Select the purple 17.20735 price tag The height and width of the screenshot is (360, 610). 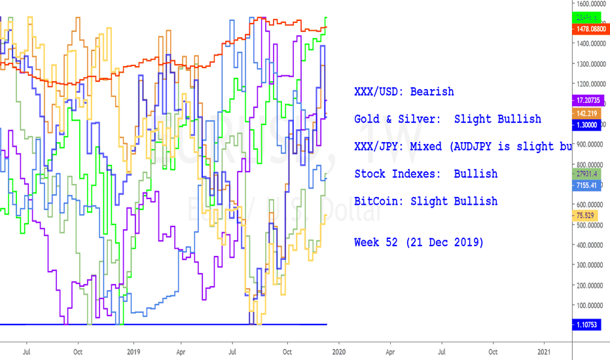click(590, 101)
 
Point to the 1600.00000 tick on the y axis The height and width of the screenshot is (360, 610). click(590, 4)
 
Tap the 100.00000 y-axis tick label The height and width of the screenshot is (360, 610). click(590, 305)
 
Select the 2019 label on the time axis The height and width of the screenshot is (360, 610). click(133, 351)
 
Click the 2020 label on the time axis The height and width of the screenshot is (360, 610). click(338, 351)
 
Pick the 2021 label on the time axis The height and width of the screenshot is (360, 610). click(544, 351)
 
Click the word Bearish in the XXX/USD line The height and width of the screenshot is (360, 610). click(432, 92)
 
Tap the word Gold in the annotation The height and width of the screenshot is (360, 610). click(367, 119)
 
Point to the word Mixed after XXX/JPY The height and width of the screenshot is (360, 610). click(426, 147)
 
